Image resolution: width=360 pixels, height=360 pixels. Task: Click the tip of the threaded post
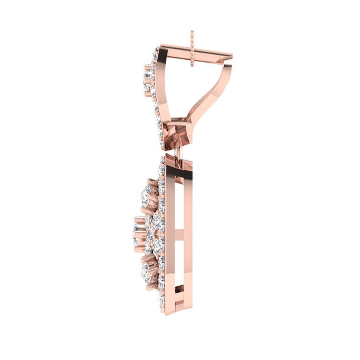(x=192, y=31)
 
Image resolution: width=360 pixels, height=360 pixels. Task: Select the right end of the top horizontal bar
(x=231, y=55)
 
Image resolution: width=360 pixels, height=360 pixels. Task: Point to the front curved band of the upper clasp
(x=165, y=85)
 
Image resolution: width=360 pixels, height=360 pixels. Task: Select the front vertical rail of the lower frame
(x=170, y=237)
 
